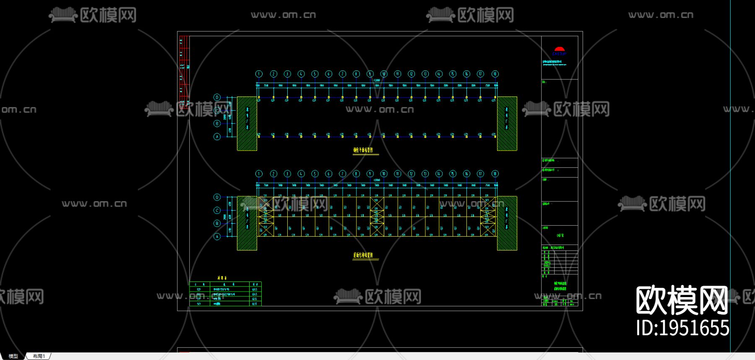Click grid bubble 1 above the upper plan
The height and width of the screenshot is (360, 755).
(259, 74)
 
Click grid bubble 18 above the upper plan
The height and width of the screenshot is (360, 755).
(495, 74)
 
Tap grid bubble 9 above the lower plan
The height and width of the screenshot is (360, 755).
(370, 174)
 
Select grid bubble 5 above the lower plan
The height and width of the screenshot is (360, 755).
(315, 174)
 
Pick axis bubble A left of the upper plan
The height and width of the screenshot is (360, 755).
(217, 137)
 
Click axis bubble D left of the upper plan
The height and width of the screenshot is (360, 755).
(217, 97)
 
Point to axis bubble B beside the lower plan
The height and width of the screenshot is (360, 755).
(217, 223)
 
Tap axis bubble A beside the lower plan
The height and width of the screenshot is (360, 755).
(217, 237)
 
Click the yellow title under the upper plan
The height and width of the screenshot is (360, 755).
(363, 150)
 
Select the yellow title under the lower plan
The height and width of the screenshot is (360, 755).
(363, 255)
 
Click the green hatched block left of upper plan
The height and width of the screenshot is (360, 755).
(247, 123)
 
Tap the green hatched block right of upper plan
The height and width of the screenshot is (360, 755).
(507, 123)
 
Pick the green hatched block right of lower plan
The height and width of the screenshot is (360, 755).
(507, 223)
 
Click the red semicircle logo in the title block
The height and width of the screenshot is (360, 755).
(559, 50)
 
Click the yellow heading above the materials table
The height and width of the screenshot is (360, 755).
(222, 278)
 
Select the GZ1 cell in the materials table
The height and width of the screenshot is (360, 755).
(198, 289)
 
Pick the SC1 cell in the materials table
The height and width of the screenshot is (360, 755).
(198, 303)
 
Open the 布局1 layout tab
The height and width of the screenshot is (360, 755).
(39, 356)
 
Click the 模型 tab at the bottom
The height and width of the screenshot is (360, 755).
(13, 356)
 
